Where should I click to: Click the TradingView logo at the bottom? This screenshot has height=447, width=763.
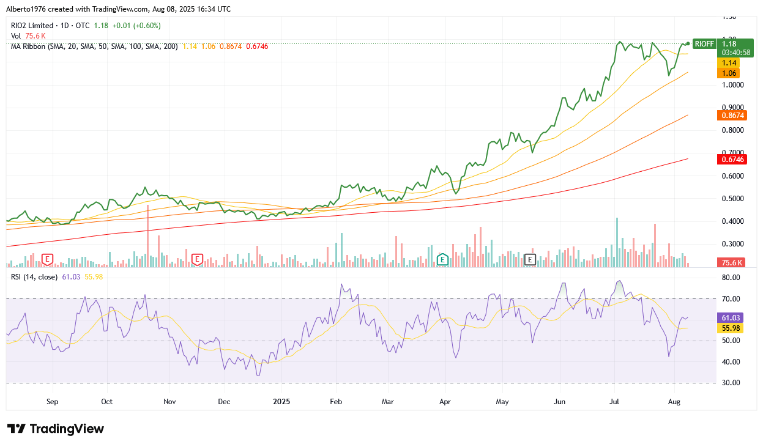pyautogui.click(x=55, y=429)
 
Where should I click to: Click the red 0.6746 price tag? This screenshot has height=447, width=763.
pyautogui.click(x=730, y=160)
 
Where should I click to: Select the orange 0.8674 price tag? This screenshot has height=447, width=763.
pyautogui.click(x=730, y=115)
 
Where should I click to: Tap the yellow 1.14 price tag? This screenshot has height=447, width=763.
pyautogui.click(x=729, y=63)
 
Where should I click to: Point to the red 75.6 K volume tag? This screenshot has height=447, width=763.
pyautogui.click(x=730, y=263)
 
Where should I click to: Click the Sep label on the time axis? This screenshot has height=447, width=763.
pyautogui.click(x=52, y=402)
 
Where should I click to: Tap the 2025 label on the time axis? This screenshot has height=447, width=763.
pyautogui.click(x=282, y=402)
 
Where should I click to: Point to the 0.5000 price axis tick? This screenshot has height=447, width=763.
pyautogui.click(x=732, y=199)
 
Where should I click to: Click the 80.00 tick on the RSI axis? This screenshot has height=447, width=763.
pyautogui.click(x=731, y=278)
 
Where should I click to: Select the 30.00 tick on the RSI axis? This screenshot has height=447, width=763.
pyautogui.click(x=731, y=383)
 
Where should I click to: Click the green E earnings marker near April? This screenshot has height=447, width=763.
pyautogui.click(x=442, y=260)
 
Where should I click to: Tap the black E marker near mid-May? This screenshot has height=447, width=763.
pyautogui.click(x=530, y=260)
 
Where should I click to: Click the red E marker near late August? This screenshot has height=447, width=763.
pyautogui.click(x=47, y=260)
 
